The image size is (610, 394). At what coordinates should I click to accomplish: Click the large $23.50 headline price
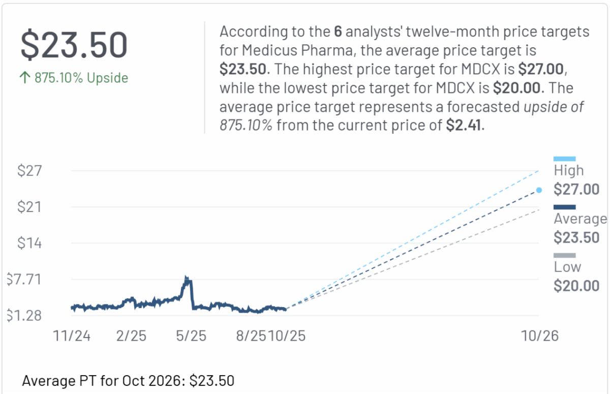point(74,45)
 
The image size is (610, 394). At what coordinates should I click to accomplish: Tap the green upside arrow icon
point(25,78)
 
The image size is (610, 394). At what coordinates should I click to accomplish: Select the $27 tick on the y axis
point(30,171)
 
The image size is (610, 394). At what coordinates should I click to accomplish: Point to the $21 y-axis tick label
point(30,207)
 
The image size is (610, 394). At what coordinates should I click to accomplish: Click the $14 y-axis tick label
point(30,243)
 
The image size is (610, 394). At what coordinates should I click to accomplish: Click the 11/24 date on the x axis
point(72,337)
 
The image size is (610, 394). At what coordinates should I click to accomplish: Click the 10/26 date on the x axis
point(540,337)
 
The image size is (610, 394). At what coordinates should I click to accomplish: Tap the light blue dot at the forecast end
point(539,190)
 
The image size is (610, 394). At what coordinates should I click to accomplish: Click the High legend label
point(568,171)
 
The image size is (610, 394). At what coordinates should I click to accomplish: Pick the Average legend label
point(580,219)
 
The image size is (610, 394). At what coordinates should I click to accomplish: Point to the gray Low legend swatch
point(564,255)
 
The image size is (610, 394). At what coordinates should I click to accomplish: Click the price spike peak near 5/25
point(187,279)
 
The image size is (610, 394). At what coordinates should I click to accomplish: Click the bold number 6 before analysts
point(338,32)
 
